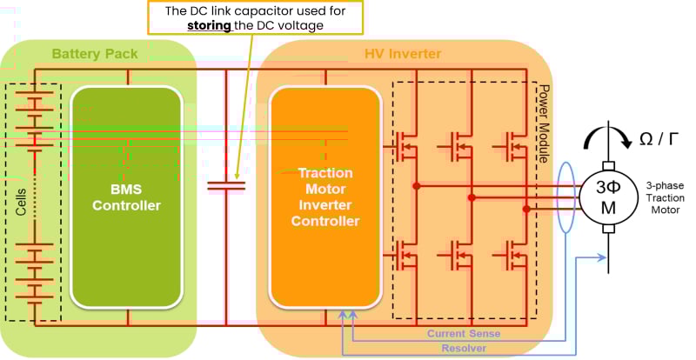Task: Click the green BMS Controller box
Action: [x=127, y=197]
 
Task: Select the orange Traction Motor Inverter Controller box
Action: [x=324, y=197]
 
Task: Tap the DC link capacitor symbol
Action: [x=227, y=184]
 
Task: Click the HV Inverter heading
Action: [x=402, y=54]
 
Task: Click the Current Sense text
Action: [x=464, y=334]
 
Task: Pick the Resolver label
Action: [x=464, y=348]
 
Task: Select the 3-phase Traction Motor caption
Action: [x=666, y=198]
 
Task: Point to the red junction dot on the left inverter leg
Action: [x=418, y=185]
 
